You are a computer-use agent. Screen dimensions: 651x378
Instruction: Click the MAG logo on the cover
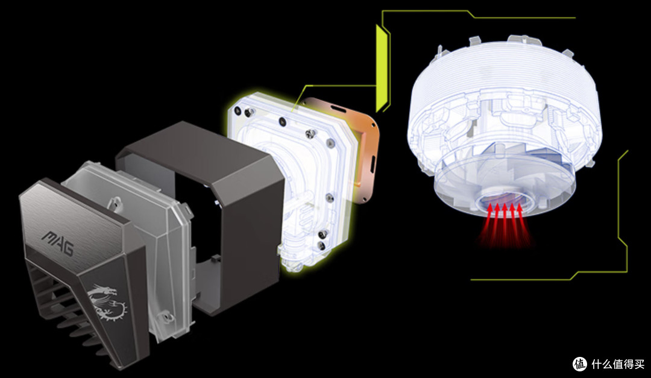[58, 243]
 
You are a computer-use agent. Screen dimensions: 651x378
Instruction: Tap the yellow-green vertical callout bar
[381, 69]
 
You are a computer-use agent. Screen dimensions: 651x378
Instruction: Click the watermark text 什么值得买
[617, 364]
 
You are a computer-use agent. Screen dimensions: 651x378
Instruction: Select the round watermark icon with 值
[580, 364]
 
